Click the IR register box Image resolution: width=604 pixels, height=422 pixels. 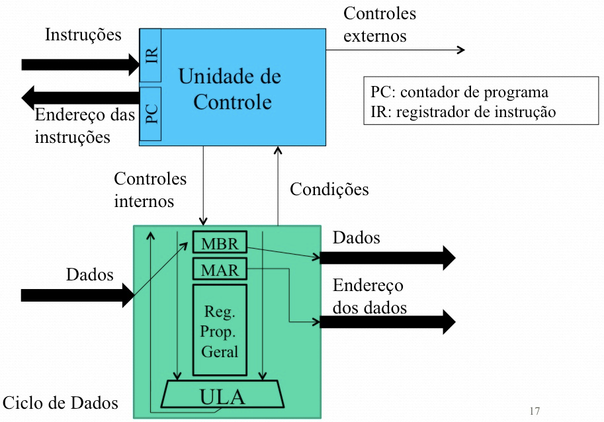click(151, 55)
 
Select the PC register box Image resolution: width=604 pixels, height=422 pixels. click(151, 114)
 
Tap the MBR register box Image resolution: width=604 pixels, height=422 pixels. click(220, 242)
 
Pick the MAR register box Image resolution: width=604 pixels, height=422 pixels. click(220, 269)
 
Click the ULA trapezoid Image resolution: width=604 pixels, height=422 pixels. click(222, 394)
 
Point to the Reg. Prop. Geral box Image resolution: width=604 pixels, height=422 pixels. click(220, 330)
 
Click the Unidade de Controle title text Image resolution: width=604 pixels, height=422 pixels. click(230, 89)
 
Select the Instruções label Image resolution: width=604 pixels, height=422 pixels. click(83, 34)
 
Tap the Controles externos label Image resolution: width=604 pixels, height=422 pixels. click(380, 24)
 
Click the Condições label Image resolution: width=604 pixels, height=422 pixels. click(329, 189)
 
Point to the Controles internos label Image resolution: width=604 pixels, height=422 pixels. click(150, 190)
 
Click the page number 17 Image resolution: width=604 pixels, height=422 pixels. click(535, 411)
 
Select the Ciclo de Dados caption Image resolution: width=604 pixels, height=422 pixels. click(60, 403)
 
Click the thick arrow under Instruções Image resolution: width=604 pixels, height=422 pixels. click(81, 64)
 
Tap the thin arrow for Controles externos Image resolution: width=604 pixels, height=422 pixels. click(396, 50)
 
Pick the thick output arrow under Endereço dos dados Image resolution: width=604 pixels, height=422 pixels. click(388, 321)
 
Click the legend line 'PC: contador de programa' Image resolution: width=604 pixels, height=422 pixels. click(460, 93)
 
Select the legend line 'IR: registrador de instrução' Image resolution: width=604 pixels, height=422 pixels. click(463, 112)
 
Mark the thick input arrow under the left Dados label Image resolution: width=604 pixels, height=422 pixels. click(77, 295)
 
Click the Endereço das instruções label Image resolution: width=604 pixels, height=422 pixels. click(85, 126)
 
